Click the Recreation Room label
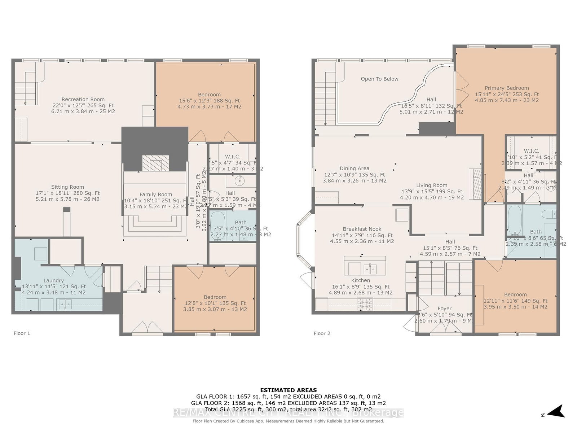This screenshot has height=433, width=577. pyautogui.click(x=83, y=99)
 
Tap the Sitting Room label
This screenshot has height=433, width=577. pyautogui.click(x=67, y=187)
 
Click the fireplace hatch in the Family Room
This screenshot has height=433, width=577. pyautogui.click(x=155, y=163)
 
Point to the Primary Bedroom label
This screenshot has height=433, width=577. pyautogui.click(x=507, y=88)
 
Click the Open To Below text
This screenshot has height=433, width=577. pyautogui.click(x=379, y=79)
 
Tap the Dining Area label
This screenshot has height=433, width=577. pyautogui.click(x=354, y=169)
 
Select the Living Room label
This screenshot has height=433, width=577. pyautogui.click(x=432, y=185)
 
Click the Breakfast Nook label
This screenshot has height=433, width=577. pyautogui.click(x=362, y=229)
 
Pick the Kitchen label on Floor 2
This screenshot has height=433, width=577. pyautogui.click(x=361, y=280)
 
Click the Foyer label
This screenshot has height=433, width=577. pyautogui.click(x=444, y=309)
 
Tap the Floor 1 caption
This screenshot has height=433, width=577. pyautogui.click(x=22, y=333)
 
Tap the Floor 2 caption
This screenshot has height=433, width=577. pyautogui.click(x=322, y=333)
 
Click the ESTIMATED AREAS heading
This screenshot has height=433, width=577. pyautogui.click(x=288, y=390)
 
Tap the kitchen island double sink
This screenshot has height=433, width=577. pyautogui.click(x=370, y=269)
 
